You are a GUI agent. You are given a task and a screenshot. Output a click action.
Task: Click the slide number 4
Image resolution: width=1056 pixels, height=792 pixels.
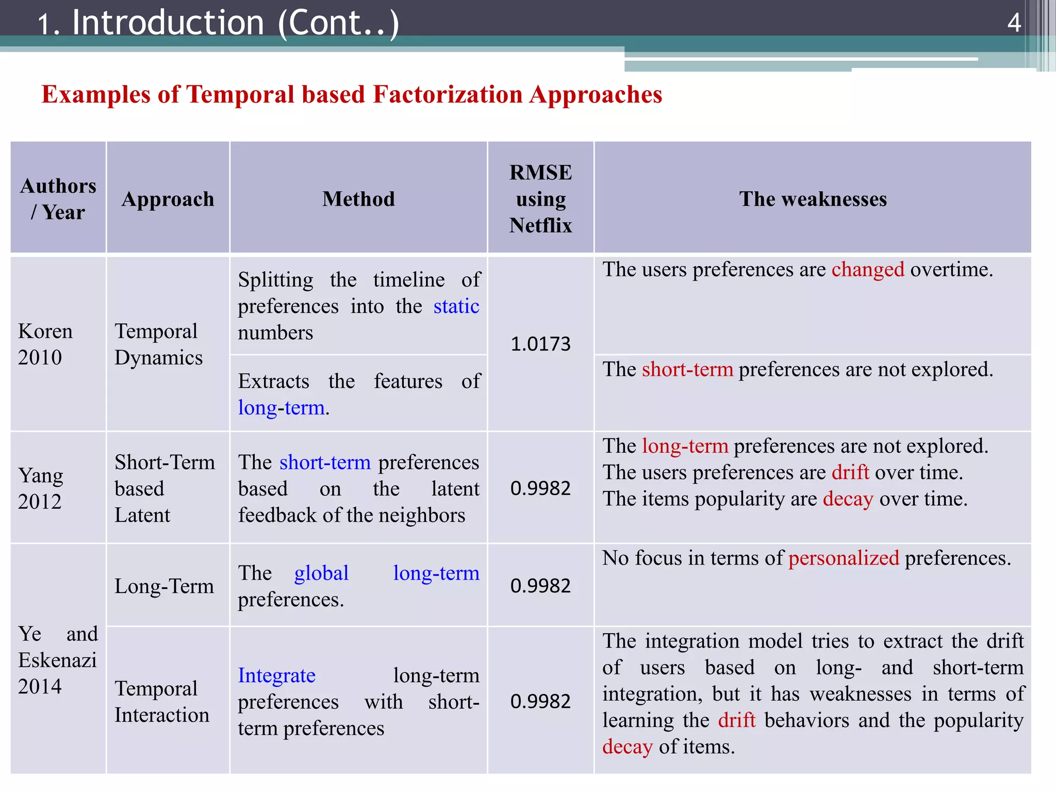tap(1014, 23)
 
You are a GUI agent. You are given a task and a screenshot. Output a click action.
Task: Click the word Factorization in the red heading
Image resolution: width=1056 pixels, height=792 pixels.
tap(447, 94)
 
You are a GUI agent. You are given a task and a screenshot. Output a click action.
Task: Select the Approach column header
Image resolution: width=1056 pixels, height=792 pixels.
tap(168, 199)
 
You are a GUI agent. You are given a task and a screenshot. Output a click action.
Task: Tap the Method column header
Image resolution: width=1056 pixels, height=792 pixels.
tap(358, 199)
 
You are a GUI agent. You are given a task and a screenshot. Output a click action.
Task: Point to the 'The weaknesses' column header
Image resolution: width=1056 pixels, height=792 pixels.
tap(813, 199)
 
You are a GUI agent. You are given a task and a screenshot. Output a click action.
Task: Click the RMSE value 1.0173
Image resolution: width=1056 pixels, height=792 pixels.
tap(540, 344)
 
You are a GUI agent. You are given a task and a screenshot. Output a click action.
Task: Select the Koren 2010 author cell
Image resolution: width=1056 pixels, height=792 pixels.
tap(45, 344)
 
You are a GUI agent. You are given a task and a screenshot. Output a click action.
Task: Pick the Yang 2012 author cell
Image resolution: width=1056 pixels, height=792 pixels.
tap(41, 488)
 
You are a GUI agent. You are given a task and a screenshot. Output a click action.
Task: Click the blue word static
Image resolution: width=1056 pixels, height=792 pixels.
tap(456, 306)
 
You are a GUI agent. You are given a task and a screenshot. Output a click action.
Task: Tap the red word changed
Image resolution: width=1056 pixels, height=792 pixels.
tap(868, 269)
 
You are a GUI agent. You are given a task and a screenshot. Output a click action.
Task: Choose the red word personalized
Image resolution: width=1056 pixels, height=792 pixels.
tap(844, 558)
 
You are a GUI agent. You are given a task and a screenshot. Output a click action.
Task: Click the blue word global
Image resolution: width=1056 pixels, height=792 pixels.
tap(321, 573)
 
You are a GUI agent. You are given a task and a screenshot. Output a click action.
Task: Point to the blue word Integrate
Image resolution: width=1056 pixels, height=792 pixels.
tap(277, 675)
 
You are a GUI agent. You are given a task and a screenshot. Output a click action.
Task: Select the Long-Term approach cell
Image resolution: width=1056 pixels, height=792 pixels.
tap(164, 586)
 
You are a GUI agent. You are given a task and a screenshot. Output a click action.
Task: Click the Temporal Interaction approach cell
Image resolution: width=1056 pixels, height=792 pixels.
tap(161, 701)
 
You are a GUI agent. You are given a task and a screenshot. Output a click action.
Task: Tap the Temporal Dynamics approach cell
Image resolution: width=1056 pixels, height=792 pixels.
tap(158, 344)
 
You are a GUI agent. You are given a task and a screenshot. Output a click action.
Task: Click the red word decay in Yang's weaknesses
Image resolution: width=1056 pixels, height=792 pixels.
tap(848, 499)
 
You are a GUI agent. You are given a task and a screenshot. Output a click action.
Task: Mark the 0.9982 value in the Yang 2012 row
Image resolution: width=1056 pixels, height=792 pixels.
tap(540, 488)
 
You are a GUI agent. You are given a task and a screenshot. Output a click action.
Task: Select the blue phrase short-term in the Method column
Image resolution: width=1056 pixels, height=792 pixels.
tap(325, 462)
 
